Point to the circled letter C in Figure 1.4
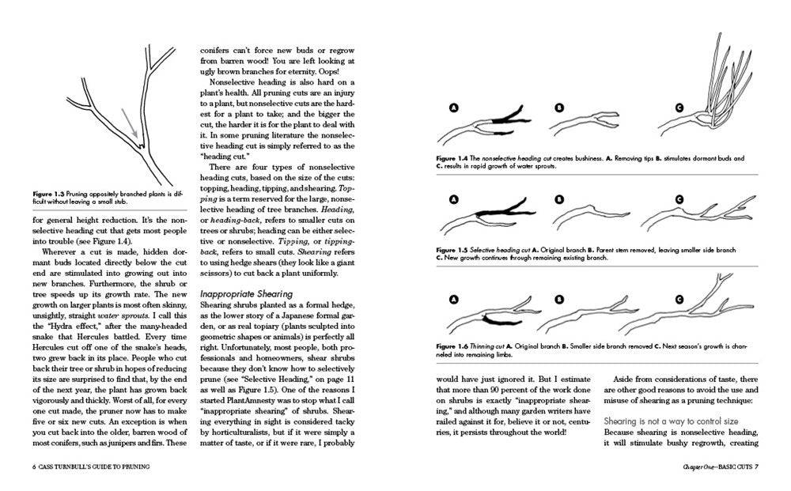click(679, 108)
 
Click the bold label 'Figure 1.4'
click(452, 158)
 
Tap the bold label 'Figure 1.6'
click(452, 346)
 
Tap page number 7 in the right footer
click(756, 465)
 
